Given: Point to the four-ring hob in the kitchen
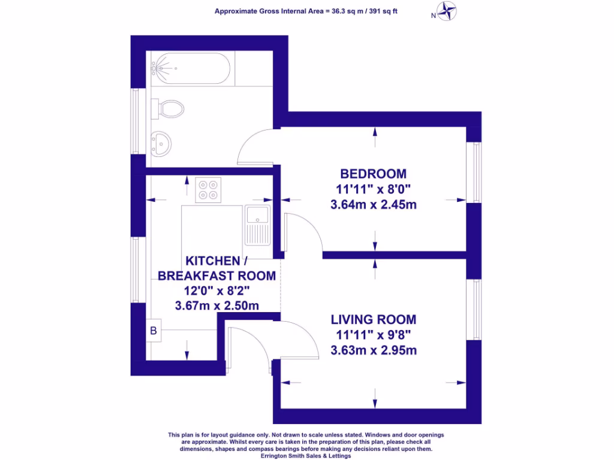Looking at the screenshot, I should point(208,189).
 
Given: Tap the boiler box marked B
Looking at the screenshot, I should point(153,330).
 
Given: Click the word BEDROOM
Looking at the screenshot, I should point(373,174).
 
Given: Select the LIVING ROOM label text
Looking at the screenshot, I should point(373,319).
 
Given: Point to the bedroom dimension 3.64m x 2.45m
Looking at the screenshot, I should point(373,205).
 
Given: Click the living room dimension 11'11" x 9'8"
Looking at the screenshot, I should point(373,335).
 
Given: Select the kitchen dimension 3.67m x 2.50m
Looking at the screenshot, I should point(216,305).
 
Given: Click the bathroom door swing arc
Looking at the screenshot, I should point(255,147).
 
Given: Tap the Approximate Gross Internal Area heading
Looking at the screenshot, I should point(306,10).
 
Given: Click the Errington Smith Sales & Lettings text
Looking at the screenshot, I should point(306,455).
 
